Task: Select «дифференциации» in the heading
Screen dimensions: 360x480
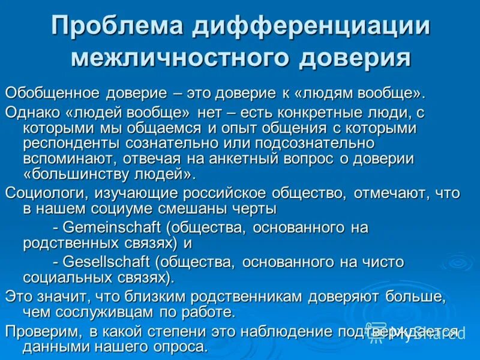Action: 311,26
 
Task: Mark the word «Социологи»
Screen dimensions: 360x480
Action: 46,193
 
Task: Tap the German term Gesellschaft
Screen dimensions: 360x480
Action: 107,262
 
